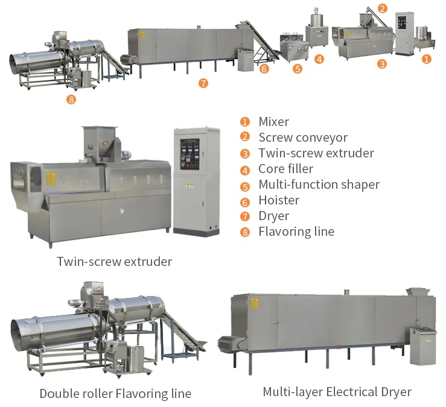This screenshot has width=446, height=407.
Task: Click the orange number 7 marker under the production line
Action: [x=203, y=83]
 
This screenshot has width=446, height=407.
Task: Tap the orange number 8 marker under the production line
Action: [x=71, y=99]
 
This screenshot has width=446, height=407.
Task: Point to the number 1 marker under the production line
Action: [x=426, y=59]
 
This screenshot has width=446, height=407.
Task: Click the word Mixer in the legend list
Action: [x=273, y=122]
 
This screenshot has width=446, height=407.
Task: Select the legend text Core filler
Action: [x=285, y=169]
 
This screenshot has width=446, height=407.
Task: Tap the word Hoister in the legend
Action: [x=279, y=200]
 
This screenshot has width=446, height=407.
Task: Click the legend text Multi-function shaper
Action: [x=319, y=185]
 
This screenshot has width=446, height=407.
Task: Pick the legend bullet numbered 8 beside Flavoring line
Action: [x=245, y=232]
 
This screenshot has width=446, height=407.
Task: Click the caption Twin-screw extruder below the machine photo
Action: [x=114, y=262]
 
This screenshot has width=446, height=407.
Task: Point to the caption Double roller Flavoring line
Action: [x=115, y=394]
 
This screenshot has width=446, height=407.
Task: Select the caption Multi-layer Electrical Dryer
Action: [x=337, y=392]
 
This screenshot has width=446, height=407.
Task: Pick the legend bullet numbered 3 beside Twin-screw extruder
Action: [x=245, y=154]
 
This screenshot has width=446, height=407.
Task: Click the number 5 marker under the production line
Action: [x=297, y=69]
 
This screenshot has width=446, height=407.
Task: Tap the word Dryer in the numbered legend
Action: [x=273, y=216]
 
